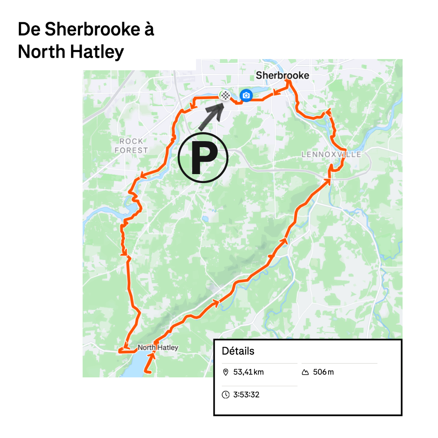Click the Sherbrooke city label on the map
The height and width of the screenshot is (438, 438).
pos(282,76)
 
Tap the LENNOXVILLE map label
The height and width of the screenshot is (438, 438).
pos(331,154)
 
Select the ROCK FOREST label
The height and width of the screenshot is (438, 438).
pos(131,146)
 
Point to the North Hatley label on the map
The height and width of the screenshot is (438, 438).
pos(158,348)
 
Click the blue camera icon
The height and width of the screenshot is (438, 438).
pos(246,95)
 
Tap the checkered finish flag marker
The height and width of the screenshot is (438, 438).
pos(225,95)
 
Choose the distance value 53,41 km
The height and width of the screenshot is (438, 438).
pos(249,372)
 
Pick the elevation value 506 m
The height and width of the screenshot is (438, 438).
pos(323,372)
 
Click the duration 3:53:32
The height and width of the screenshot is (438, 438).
pos(246,395)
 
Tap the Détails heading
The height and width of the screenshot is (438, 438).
pos(238,351)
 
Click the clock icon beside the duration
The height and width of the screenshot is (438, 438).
pos(226,395)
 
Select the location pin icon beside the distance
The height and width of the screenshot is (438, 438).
pos(226,372)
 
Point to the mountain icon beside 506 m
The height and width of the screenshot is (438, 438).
pos(305,372)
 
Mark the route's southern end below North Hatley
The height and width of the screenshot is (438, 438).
pos(148,372)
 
